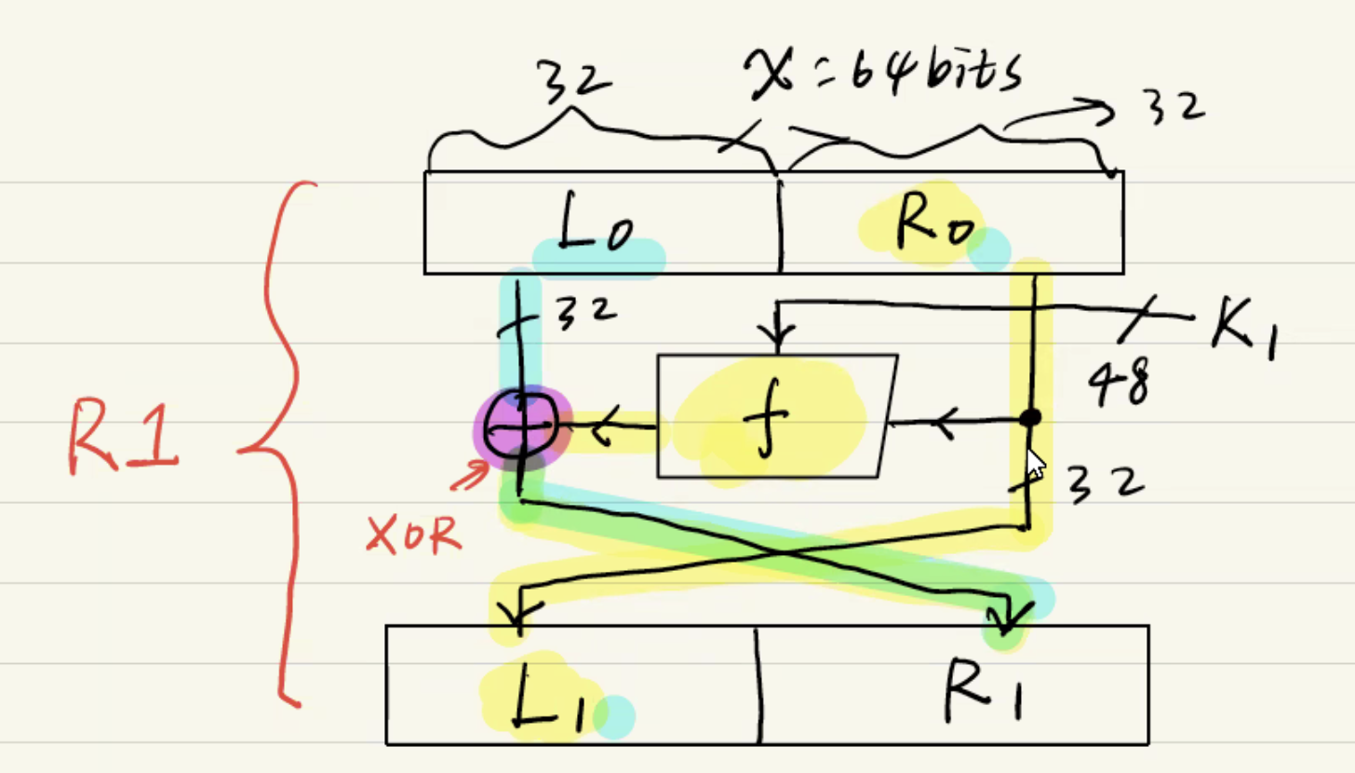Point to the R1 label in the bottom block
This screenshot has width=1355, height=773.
click(x=982, y=691)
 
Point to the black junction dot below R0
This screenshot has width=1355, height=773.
click(x=1029, y=418)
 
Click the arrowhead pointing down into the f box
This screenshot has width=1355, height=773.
click(x=778, y=335)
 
